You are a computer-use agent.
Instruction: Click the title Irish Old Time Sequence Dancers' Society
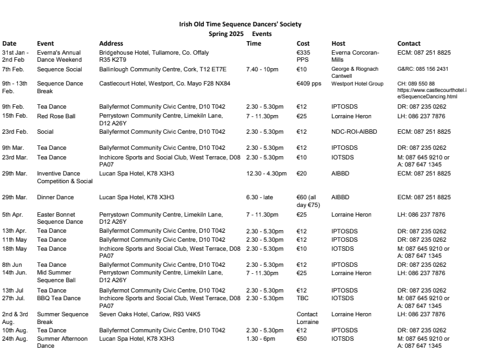[240, 24]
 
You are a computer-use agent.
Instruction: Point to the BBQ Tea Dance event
[60, 298]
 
